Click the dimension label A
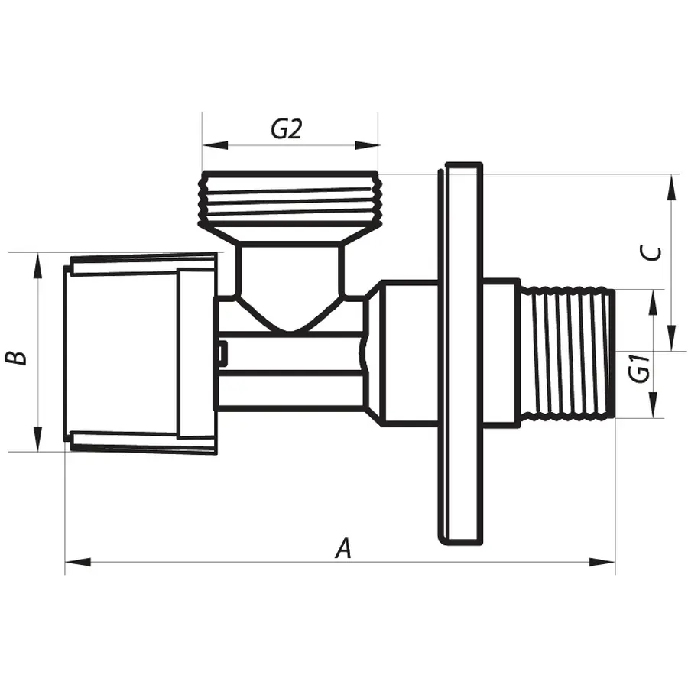click(x=345, y=548)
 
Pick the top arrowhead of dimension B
click(x=37, y=264)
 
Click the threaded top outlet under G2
click(x=290, y=197)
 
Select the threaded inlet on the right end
click(x=569, y=353)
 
